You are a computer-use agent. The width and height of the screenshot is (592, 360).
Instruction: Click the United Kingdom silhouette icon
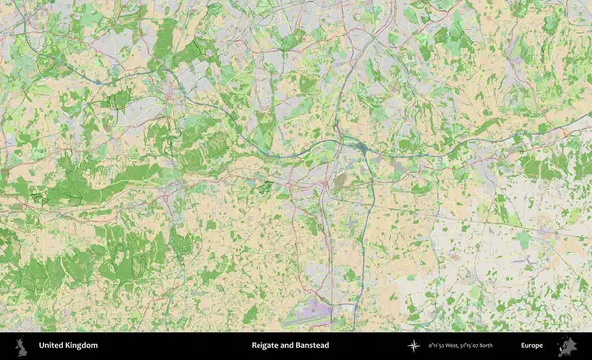pos(20,346)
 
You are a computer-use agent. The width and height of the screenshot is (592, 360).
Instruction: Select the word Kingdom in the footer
pos(83,346)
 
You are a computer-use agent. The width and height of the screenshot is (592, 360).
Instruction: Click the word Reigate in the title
pos(265,346)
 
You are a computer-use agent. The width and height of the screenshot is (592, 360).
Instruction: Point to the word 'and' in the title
pos(287,346)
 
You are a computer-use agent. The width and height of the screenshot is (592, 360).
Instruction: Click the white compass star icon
pos(413,346)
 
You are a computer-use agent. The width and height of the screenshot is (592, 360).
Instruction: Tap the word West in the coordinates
pos(460,346)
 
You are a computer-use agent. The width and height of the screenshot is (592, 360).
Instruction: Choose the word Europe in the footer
pos(532,346)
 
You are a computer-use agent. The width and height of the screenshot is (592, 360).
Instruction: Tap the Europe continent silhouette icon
pos(567,346)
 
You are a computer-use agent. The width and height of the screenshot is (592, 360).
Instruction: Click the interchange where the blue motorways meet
pos(362,148)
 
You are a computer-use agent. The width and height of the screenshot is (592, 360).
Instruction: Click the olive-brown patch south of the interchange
pos(340,181)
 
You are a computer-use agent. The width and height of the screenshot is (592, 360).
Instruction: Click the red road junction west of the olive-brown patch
pos(325,183)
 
